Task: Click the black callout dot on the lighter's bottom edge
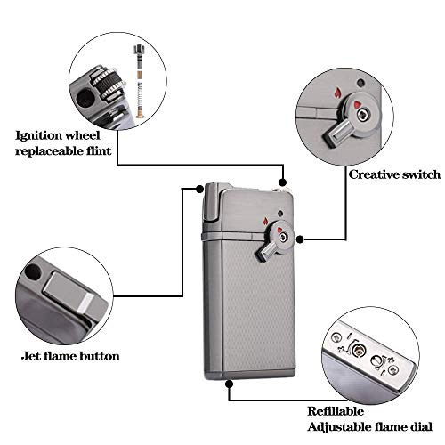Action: [x=231, y=383]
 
